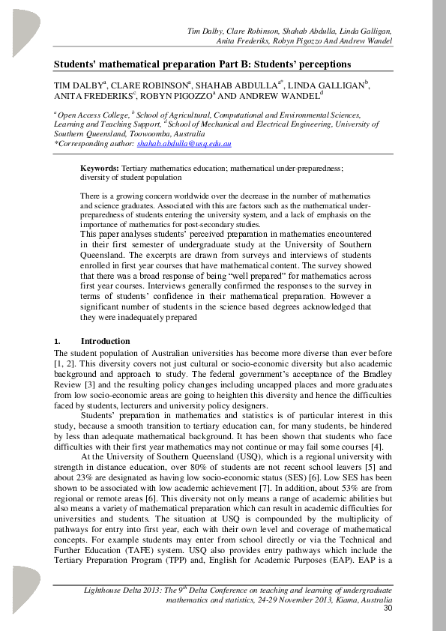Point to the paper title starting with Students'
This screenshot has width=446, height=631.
pos(196,64)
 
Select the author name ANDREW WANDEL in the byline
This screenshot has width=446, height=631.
pos(275,97)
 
